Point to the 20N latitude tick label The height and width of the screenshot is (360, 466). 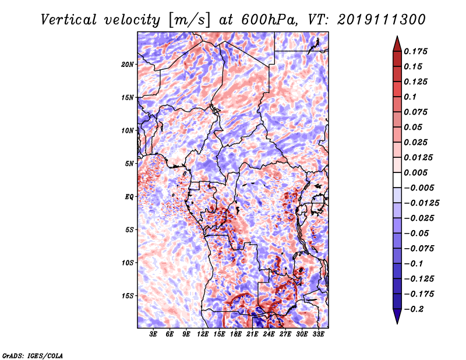[128, 64]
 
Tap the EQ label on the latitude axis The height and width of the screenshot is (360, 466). [129, 197]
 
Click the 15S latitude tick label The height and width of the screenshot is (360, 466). [128, 296]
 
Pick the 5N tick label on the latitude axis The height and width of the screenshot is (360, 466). [129, 164]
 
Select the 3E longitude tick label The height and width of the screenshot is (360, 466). [154, 334]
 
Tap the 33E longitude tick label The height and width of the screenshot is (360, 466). [319, 334]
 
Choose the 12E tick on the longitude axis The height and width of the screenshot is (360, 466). [203, 334]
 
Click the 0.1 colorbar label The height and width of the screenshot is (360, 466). [412, 97]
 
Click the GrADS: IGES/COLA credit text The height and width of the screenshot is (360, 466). [33, 355]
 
